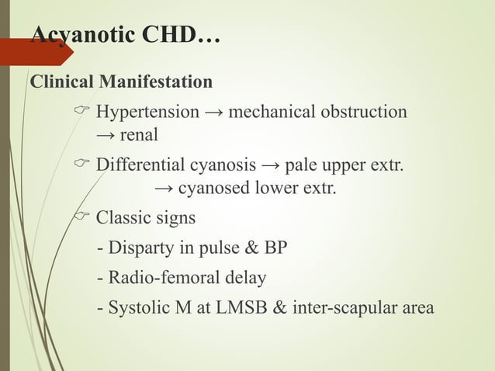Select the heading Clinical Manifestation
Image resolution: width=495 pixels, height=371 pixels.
pos(120,81)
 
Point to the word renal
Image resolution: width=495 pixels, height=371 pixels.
pos(139,135)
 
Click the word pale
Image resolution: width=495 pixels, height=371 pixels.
pos(303,165)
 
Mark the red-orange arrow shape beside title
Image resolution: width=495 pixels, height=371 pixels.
pos(35,53)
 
